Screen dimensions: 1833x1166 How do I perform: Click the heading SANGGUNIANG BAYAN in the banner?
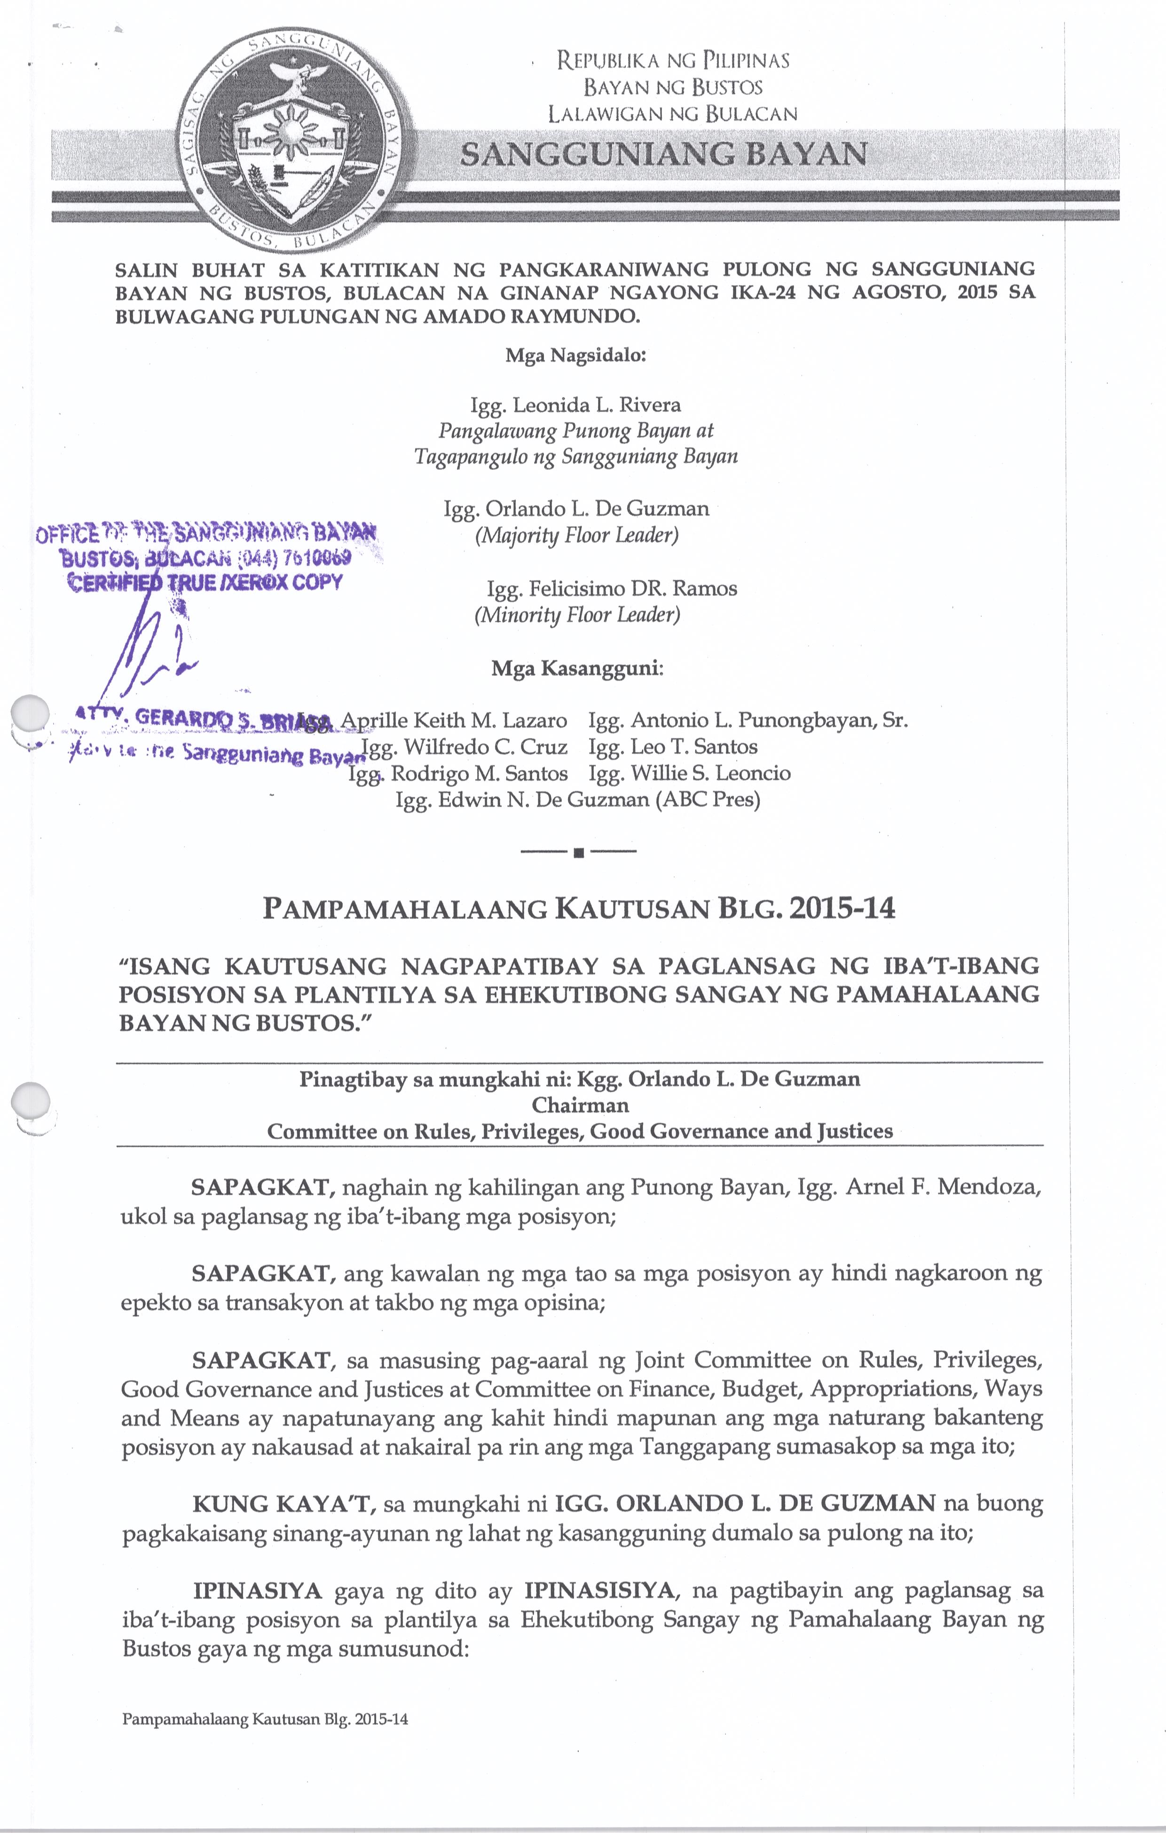click(664, 155)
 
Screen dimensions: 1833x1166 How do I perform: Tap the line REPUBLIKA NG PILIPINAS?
click(673, 60)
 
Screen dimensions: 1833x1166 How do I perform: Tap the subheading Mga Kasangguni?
click(578, 668)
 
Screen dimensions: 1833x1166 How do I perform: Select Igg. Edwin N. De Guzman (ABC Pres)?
click(578, 799)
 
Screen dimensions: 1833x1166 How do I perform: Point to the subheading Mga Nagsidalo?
click(576, 355)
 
